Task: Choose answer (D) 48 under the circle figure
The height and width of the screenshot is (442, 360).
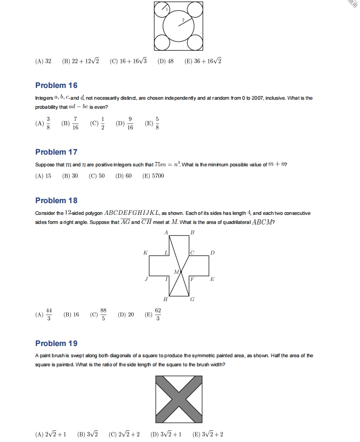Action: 166,61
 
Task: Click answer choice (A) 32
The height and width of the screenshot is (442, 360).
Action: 43,61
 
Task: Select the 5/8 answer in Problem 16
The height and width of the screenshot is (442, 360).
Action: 153,123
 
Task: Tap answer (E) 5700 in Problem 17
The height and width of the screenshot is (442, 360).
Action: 153,176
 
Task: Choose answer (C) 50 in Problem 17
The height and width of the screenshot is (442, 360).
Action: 97,176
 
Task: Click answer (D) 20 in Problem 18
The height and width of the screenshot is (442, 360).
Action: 126,315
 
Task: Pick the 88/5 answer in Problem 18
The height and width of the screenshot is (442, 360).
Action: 99,315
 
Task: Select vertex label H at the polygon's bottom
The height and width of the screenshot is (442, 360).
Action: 165,300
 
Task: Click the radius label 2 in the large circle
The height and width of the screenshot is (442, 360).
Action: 182,20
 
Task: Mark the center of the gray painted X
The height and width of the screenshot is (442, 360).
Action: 179,399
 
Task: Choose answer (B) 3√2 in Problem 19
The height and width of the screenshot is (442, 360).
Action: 87,434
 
